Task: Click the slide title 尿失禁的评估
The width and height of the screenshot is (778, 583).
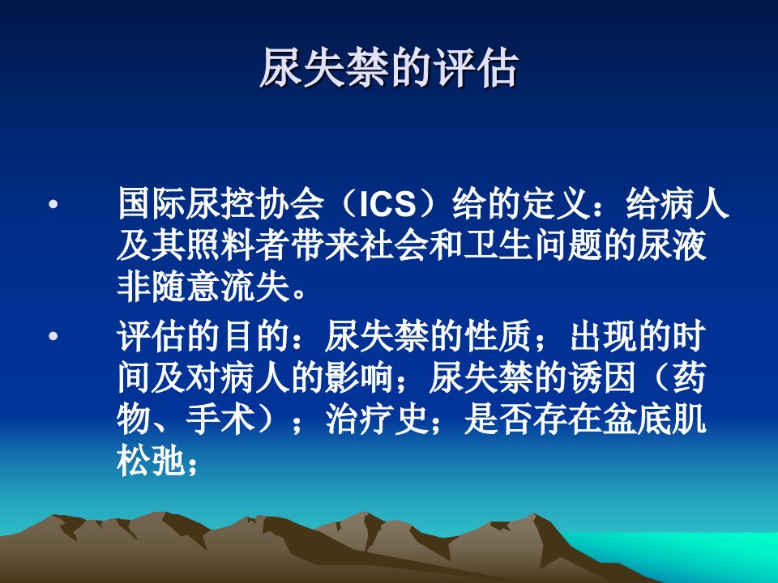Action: [x=389, y=68]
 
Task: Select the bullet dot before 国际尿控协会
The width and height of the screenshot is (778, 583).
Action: [x=53, y=204]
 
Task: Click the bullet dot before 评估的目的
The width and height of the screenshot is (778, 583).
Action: [x=53, y=337]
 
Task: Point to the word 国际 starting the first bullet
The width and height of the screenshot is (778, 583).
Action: [x=152, y=203]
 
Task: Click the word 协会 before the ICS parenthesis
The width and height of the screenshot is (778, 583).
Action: [x=290, y=203]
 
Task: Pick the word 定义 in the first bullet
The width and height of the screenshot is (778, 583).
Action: [x=557, y=203]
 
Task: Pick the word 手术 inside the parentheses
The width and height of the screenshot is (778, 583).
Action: [x=220, y=419]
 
